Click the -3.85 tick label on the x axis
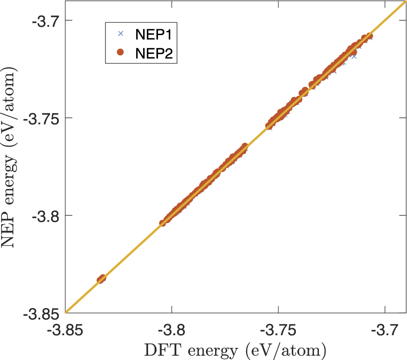click(x=65, y=331)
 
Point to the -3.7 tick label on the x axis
click(x=385, y=331)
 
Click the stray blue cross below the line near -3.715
click(x=354, y=56)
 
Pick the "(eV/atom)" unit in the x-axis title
click(x=285, y=350)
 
